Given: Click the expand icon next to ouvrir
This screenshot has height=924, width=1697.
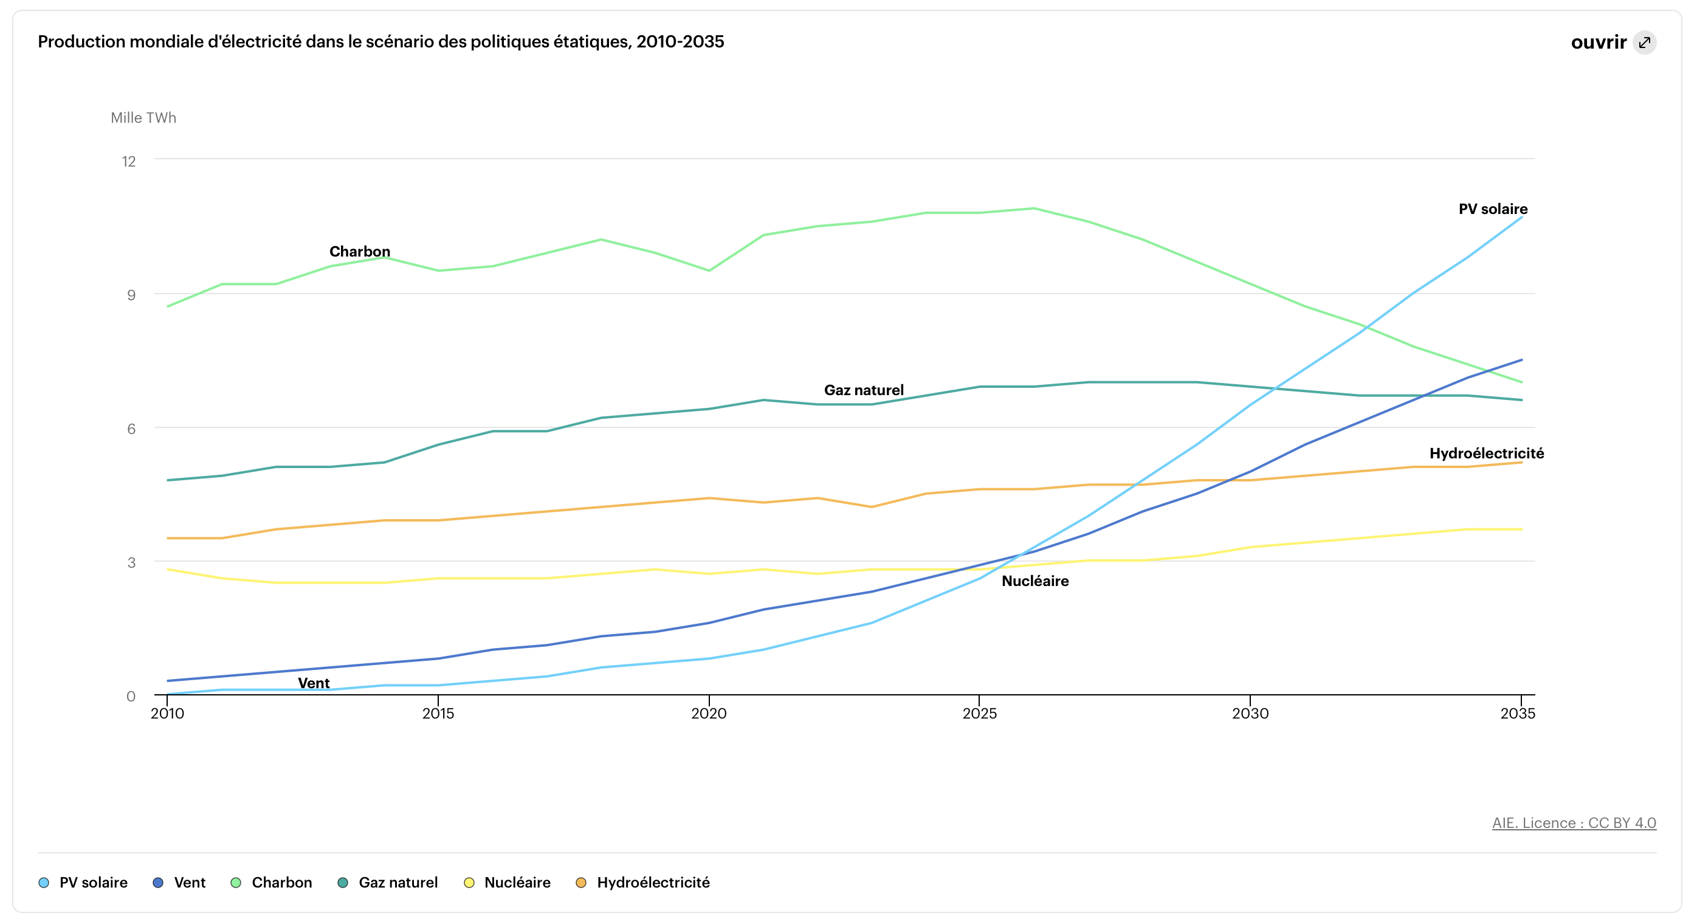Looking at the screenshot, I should [x=1644, y=43].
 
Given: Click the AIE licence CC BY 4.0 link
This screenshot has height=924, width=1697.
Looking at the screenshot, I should [x=1573, y=822].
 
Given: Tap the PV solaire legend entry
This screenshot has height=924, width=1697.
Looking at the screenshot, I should [x=84, y=883].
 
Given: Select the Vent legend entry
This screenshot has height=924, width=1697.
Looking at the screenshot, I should [x=180, y=883].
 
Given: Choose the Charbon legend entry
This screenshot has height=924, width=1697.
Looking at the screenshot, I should [x=272, y=883].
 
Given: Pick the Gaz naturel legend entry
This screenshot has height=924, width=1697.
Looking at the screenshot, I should [x=388, y=883].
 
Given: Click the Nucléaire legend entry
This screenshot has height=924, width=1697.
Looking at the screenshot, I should [x=508, y=883].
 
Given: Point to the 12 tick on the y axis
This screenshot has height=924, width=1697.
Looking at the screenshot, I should [x=129, y=162].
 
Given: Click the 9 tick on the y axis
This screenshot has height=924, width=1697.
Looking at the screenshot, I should [x=131, y=295].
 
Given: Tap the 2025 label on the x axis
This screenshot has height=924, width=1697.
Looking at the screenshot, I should [x=979, y=713].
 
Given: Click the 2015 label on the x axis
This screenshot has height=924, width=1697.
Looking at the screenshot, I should [x=438, y=713].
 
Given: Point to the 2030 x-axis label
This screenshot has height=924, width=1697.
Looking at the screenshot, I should [x=1250, y=713].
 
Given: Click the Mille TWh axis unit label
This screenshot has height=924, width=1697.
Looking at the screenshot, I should [x=143, y=118].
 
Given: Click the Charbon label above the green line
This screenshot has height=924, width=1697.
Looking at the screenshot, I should [x=360, y=252].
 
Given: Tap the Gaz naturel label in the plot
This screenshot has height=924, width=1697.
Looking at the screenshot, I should [x=864, y=390].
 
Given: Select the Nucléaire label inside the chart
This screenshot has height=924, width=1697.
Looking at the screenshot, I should [x=1035, y=581].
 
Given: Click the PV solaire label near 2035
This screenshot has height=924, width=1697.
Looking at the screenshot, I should [x=1493, y=209].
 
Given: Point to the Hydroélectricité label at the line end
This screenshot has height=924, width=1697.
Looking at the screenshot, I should [x=1486, y=453].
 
